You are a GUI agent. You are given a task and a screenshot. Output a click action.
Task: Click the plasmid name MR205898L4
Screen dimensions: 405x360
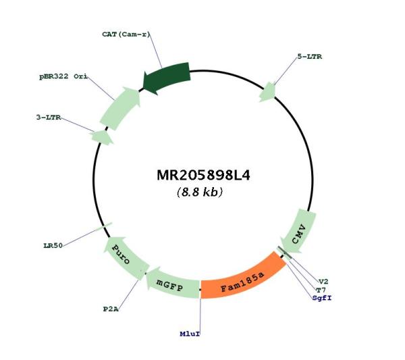(x=204, y=175)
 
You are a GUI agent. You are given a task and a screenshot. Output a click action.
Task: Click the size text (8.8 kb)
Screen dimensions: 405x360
(x=200, y=192)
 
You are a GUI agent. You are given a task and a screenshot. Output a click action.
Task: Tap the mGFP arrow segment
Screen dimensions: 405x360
(x=171, y=284)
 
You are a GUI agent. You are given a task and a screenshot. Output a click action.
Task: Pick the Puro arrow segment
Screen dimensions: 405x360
(x=124, y=259)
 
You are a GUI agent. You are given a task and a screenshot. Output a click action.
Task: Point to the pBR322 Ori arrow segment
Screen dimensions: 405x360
(x=120, y=108)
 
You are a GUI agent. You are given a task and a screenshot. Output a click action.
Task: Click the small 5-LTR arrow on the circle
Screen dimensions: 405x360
(x=268, y=92)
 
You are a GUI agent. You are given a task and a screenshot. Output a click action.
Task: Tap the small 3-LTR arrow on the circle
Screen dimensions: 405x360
(x=102, y=137)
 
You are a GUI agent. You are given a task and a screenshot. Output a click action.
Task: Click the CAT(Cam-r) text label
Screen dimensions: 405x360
(x=126, y=34)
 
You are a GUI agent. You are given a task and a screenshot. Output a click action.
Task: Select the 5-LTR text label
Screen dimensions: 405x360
(x=310, y=57)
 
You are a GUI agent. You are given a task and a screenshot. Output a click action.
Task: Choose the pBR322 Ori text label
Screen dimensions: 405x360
(x=63, y=76)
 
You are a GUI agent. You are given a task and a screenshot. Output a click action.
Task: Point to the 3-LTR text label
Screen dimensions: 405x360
(x=49, y=118)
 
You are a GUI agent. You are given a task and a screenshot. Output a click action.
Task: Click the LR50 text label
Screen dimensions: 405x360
(x=53, y=245)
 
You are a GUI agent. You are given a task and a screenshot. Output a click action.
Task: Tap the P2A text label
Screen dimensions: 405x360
(x=111, y=309)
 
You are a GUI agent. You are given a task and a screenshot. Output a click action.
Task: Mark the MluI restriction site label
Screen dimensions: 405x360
(x=190, y=334)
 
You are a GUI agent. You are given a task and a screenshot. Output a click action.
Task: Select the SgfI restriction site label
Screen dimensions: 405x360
(x=322, y=298)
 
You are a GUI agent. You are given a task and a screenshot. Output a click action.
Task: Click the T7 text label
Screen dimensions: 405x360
(x=321, y=290)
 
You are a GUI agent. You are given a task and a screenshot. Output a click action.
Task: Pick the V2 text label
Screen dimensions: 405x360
(x=323, y=282)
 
